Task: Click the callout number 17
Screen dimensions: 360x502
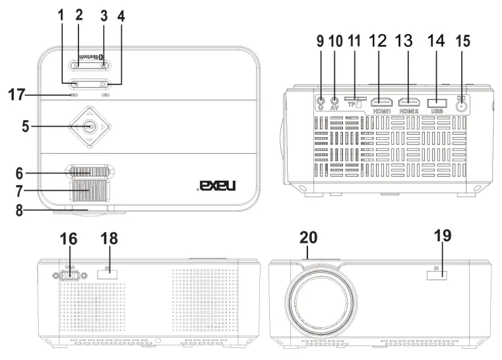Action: pyautogui.click(x=16, y=95)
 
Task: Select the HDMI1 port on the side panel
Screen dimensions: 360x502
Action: pyautogui.click(x=381, y=102)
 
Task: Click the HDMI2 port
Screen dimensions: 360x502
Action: pyautogui.click(x=410, y=102)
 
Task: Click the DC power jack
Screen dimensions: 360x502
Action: pyautogui.click(x=461, y=104)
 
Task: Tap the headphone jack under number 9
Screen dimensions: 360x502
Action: pyautogui.click(x=321, y=102)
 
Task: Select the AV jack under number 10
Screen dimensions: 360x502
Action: pyautogui.click(x=334, y=102)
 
